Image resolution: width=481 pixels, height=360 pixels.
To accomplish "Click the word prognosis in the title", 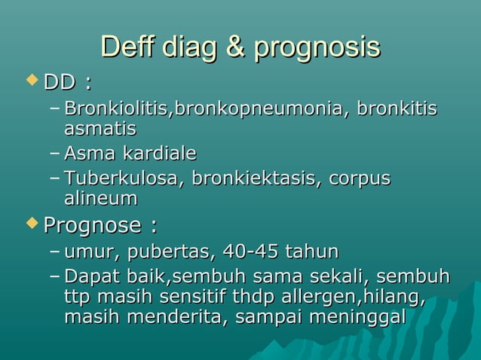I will click(317, 47).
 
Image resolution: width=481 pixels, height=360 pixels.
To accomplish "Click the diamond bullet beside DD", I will click(31, 79).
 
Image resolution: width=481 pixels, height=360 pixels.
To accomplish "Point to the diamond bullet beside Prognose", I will click(31, 224).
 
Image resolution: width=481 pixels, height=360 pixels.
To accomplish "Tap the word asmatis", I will click(100, 130).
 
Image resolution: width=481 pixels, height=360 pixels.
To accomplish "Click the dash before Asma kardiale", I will click(54, 154).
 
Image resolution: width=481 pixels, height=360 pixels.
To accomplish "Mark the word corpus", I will click(360, 179).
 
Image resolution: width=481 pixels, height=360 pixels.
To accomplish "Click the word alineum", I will click(100, 199).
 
